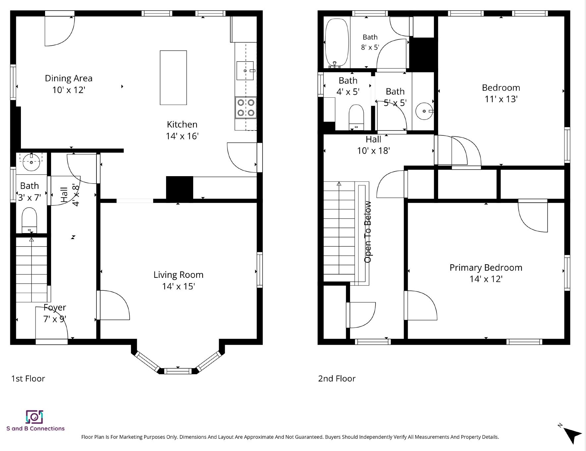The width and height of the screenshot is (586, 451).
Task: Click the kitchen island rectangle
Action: (173, 78)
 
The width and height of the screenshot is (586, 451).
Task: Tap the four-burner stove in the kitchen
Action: (246, 108)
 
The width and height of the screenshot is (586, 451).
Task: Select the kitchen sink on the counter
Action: (245, 71)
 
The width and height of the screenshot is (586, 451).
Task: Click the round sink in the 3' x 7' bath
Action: (31, 162)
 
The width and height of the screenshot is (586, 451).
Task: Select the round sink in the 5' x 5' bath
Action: (424, 111)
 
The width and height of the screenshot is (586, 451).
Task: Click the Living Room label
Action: (178, 275)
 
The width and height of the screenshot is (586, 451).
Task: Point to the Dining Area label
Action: (69, 78)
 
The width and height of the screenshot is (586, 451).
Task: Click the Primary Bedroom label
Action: (486, 268)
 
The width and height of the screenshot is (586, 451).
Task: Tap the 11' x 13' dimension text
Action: (501, 99)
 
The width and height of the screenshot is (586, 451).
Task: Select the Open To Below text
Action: (368, 232)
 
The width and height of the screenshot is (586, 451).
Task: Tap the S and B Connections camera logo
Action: (34, 417)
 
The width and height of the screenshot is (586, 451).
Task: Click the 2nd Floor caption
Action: (337, 378)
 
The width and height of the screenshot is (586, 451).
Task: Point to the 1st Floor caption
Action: (28, 378)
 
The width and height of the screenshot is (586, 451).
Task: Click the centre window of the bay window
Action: (178, 371)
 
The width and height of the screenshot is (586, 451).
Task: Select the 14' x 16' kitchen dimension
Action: (182, 136)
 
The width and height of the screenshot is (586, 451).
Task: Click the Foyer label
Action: (55, 308)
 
